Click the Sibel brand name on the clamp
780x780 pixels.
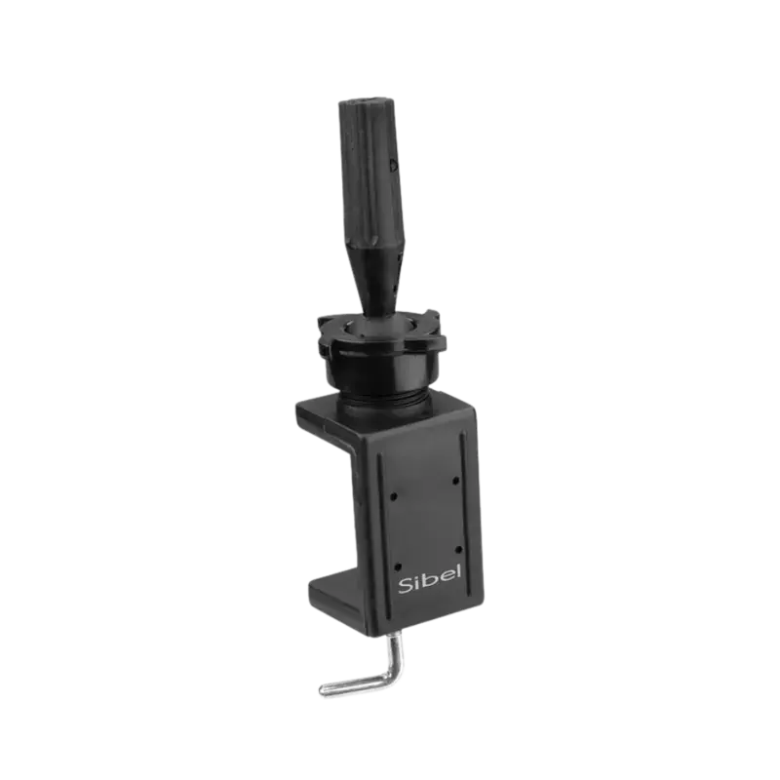pos(430,579)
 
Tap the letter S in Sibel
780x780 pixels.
pos(406,586)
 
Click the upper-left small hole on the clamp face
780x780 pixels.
pos(394,496)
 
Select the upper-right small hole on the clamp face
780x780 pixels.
pos(455,481)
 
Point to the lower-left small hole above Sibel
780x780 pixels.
pos(397,566)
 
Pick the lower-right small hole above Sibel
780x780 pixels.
pos(458,550)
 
